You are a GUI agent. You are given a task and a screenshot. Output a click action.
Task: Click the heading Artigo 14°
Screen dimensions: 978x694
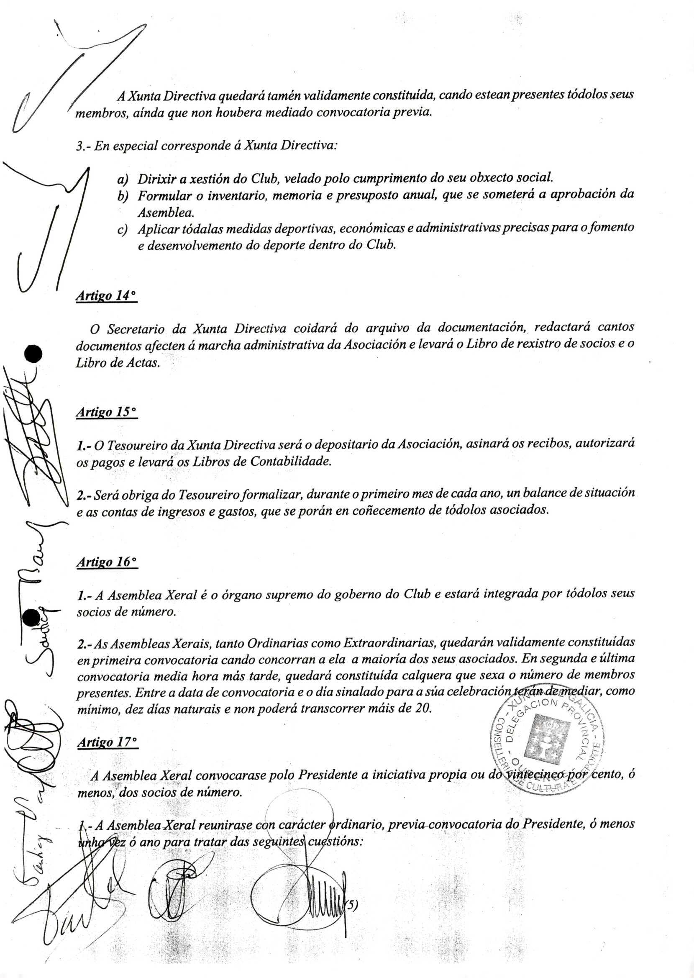105,296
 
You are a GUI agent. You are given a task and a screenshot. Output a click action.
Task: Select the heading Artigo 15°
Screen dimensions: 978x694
106,412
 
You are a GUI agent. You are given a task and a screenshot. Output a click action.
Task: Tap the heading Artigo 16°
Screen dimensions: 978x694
107,562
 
